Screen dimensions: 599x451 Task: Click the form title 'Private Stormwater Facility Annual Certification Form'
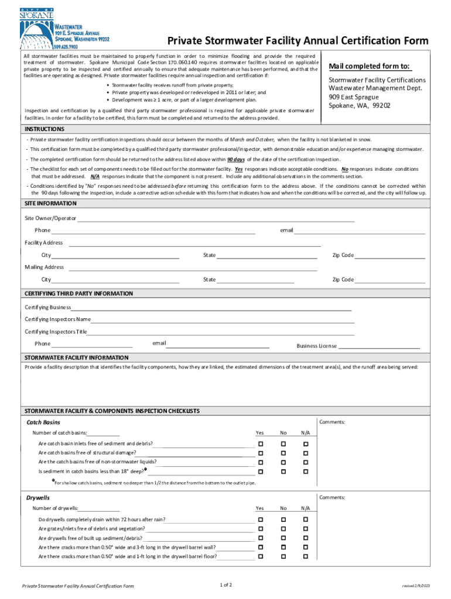[298, 41]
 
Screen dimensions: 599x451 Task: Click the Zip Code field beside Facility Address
[389, 256]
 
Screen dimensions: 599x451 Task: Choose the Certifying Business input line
[211, 308]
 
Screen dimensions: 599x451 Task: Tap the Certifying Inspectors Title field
[220, 333]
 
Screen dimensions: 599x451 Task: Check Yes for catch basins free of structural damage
[260, 453]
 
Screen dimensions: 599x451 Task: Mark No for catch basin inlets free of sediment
[283, 444]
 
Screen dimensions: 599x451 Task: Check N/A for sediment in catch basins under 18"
[305, 471]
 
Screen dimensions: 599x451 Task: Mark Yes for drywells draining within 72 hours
[260, 519]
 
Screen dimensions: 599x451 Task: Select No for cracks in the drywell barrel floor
[283, 557]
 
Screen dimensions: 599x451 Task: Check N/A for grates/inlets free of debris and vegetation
[305, 529]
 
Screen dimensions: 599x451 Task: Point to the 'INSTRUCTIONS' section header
[45, 129]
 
